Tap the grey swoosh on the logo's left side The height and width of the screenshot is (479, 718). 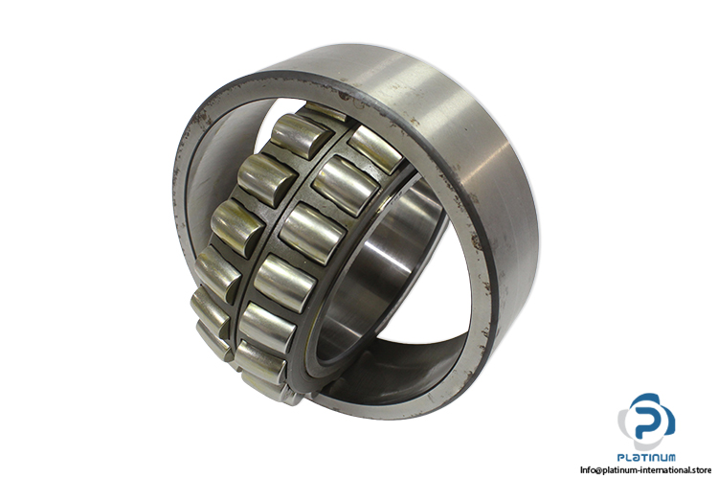[623, 426]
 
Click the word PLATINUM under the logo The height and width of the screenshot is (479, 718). [646, 457]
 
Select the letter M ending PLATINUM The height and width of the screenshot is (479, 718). [670, 457]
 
